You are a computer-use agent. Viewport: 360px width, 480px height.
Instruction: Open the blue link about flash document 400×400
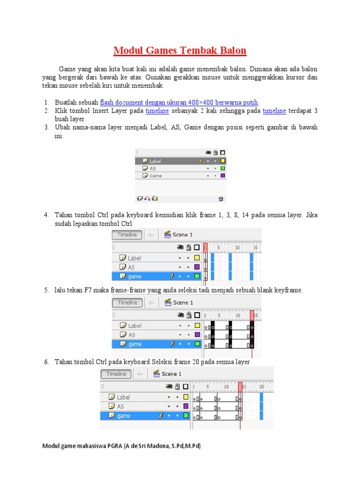click(x=179, y=103)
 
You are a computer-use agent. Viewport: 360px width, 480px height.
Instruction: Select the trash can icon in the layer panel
click(x=221, y=199)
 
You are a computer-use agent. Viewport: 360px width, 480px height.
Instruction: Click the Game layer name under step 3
click(x=156, y=176)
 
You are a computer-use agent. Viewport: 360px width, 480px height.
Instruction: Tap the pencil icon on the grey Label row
click(x=201, y=161)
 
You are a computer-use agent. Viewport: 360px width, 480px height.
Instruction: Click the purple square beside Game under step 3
click(x=223, y=176)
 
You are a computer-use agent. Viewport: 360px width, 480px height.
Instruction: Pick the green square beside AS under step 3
click(x=223, y=168)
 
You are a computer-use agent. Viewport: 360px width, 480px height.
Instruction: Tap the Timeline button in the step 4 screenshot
click(x=127, y=235)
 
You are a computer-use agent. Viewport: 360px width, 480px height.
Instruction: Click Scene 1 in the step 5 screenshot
click(x=183, y=303)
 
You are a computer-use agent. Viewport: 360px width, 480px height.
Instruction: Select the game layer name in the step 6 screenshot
click(x=124, y=416)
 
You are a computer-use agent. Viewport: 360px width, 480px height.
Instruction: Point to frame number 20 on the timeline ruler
click(x=262, y=386)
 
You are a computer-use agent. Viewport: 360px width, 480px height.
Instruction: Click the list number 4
click(x=46, y=215)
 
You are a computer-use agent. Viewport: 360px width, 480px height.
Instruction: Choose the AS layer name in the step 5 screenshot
click(x=132, y=335)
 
